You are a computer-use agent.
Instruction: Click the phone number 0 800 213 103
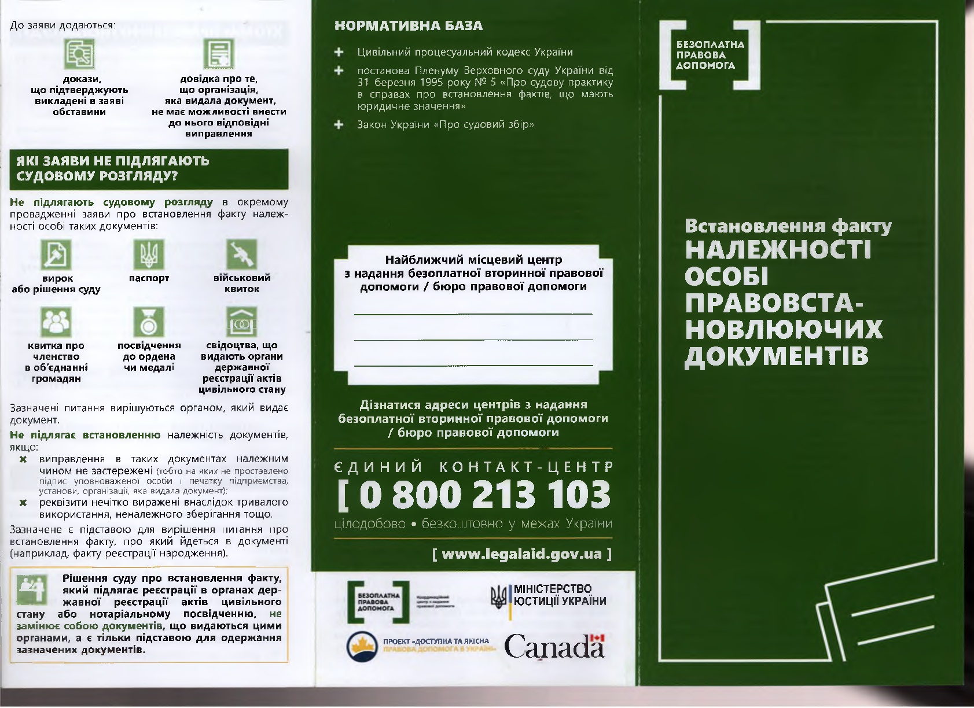(474, 495)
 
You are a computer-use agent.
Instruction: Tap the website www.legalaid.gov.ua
(521, 554)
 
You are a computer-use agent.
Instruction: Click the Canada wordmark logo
(554, 646)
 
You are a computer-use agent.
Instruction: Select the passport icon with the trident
(149, 254)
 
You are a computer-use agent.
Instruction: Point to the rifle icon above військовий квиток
(241, 254)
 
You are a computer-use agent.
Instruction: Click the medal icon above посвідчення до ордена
(149, 322)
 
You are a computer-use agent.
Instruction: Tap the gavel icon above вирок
(56, 254)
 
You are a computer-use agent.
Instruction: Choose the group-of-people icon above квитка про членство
(56, 322)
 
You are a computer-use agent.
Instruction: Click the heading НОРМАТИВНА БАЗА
(409, 26)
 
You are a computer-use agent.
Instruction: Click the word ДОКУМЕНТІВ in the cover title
(776, 355)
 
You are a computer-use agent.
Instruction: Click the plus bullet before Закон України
(339, 124)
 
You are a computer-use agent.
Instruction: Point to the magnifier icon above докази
(79, 54)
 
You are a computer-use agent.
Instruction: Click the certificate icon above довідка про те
(218, 54)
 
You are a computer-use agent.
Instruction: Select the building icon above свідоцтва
(241, 322)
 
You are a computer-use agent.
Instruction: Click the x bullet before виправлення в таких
(24, 459)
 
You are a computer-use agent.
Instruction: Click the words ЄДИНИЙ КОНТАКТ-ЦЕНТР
(474, 466)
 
